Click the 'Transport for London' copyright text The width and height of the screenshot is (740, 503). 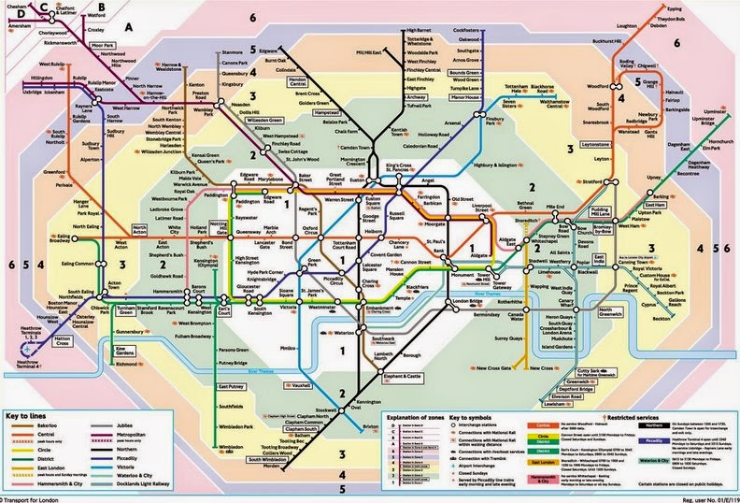pos(37,497)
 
